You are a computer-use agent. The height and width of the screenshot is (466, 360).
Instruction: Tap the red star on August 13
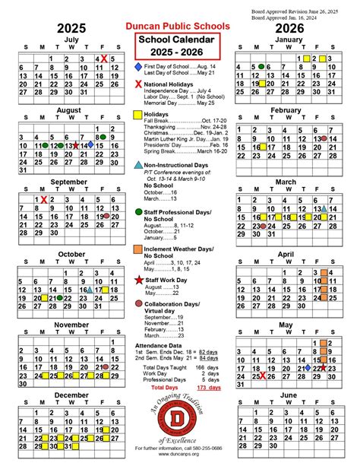point(76,144)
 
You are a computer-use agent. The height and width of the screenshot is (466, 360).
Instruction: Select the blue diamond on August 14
point(90,144)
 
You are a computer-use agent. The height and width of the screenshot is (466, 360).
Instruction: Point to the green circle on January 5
point(262,66)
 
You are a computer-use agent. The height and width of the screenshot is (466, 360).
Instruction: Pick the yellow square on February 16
point(263,147)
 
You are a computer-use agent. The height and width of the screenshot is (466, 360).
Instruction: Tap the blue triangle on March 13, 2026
point(324,208)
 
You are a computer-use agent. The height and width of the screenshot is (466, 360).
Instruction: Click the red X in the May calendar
point(262,376)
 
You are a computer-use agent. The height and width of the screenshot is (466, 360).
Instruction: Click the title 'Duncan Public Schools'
point(179,26)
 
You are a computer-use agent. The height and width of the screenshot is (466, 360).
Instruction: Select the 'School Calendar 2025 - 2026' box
point(179,48)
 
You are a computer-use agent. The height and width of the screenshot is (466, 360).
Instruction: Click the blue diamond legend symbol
point(137,67)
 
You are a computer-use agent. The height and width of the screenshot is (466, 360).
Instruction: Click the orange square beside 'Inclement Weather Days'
point(137,249)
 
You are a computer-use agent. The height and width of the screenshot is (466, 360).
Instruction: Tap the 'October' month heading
point(72,253)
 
